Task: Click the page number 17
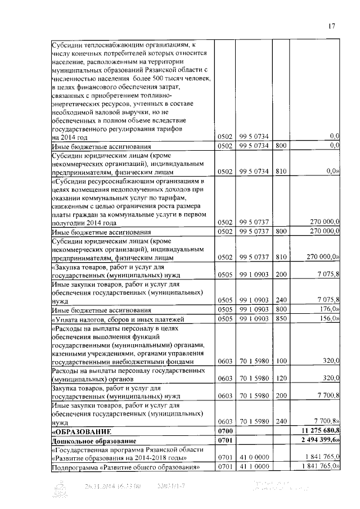tap(331, 25)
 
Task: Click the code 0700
tap(225, 430)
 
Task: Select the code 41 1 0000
tap(252, 466)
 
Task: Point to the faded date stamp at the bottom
tap(112, 487)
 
